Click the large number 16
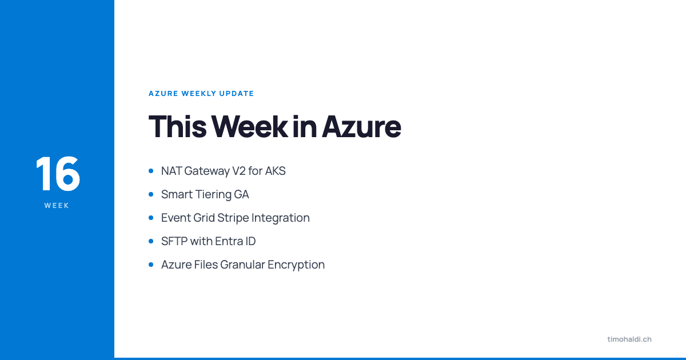point(57,174)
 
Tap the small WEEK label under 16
point(57,206)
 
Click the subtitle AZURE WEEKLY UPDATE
point(201,94)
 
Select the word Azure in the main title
point(361,127)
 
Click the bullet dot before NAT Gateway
point(151,171)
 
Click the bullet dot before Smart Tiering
point(151,194)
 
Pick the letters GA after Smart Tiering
point(241,194)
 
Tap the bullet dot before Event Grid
point(151,218)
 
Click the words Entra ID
point(236,241)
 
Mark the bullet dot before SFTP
point(151,241)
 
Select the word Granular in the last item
point(240,265)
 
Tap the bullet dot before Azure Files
point(151,265)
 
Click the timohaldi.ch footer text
point(629,339)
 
